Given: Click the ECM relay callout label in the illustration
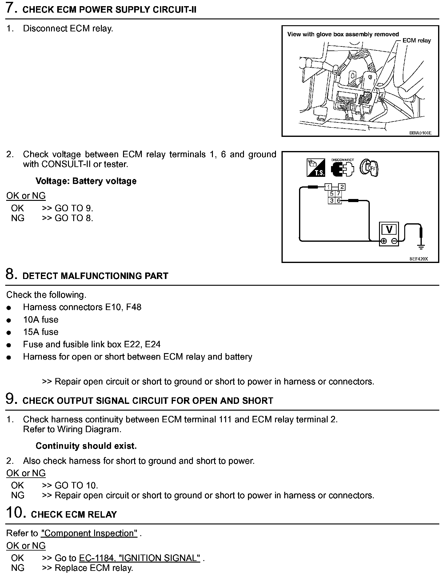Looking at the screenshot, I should pyautogui.click(x=417, y=41).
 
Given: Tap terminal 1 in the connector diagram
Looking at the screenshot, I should pyautogui.click(x=329, y=187).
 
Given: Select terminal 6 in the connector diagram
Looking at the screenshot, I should pyautogui.click(x=338, y=201).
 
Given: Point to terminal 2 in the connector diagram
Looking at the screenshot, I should pyautogui.click(x=342, y=187).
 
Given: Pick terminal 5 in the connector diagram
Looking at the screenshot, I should pyautogui.click(x=332, y=194).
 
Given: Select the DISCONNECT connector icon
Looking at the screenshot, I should pyautogui.click(x=342, y=168).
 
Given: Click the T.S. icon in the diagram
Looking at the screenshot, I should pyautogui.click(x=316, y=168).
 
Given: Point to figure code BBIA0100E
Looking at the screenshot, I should pyautogui.click(x=420, y=133).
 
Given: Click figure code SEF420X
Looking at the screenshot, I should pyautogui.click(x=418, y=259).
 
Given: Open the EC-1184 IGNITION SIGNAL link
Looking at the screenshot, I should pyautogui.click(x=140, y=558).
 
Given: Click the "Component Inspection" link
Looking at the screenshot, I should pyautogui.click(x=89, y=533).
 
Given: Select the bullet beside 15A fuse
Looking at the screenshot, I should pyautogui.click(x=9, y=332).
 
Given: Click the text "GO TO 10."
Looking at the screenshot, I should pyautogui.click(x=76, y=485).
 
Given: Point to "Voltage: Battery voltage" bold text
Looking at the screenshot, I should pyautogui.click(x=86, y=181).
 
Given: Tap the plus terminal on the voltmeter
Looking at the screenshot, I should pyautogui.click(x=384, y=241).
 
